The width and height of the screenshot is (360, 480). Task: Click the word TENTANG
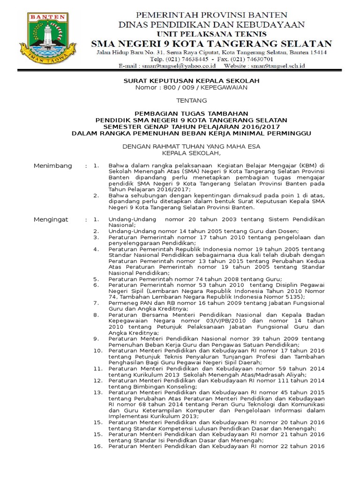tap(191, 100)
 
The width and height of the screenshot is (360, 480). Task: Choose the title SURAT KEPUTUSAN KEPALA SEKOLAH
tap(191, 81)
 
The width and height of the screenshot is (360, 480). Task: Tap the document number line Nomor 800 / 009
tap(191, 88)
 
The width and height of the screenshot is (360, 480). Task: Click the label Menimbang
tap(53, 166)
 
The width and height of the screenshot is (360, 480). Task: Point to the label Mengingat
tap(51, 219)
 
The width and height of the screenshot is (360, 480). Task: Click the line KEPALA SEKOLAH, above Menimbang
tap(191, 153)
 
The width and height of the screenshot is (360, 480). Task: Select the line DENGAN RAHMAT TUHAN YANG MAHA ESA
tap(191, 146)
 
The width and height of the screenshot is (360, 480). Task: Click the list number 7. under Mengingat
tap(96, 303)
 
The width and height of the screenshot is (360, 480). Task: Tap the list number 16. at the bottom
tap(97, 446)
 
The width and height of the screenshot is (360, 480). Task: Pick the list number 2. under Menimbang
tap(96, 195)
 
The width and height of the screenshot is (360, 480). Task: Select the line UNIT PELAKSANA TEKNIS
tap(211, 34)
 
